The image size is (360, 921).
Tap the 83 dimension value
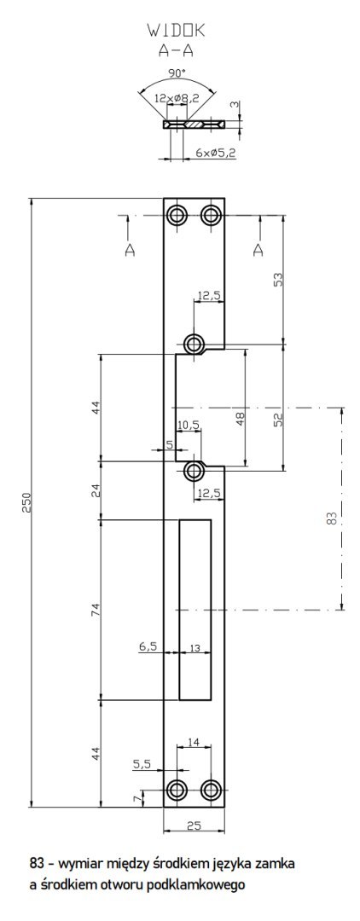pos(332,518)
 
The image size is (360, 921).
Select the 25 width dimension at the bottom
pos(194,825)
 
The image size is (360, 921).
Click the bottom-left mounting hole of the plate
pos(177,789)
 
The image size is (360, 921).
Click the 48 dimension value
pos(241,418)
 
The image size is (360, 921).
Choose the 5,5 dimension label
pos(142,765)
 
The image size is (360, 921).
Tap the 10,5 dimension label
pos(188,425)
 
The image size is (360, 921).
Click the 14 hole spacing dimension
pos(193,743)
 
